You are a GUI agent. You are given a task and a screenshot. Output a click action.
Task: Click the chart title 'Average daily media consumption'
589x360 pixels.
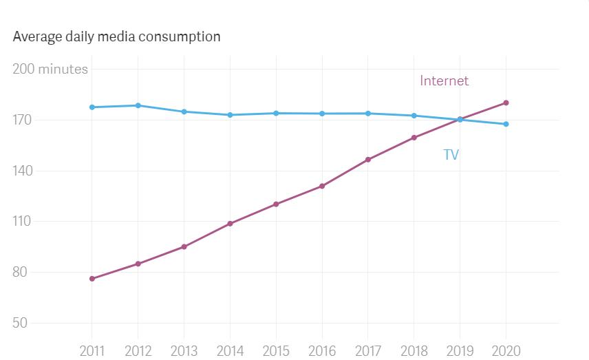[x=116, y=36]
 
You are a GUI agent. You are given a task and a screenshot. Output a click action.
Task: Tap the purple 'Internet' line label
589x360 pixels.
[x=444, y=81]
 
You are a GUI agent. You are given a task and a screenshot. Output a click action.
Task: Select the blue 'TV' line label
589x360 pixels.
[x=451, y=155]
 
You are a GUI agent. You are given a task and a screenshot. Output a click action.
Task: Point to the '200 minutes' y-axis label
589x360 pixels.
[x=50, y=69]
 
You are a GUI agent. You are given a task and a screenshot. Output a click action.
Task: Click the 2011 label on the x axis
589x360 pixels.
[x=92, y=350]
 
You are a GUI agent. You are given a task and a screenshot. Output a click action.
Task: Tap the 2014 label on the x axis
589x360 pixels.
[x=230, y=350]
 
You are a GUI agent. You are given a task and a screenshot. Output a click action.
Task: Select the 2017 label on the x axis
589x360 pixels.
[x=368, y=350]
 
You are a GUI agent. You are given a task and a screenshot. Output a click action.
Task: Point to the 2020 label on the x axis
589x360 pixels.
[x=506, y=350]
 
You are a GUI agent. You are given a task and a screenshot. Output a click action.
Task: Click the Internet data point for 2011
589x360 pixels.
[x=92, y=279]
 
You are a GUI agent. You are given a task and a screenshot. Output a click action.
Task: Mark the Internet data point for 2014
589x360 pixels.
[x=230, y=224]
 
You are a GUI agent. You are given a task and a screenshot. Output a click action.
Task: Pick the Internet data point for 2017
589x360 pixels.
[x=368, y=160]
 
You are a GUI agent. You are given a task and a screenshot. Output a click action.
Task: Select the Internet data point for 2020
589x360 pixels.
[x=506, y=103]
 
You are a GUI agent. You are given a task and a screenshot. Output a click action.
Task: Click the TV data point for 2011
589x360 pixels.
[x=92, y=107]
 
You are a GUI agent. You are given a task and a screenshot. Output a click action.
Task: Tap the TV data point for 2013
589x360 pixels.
[x=184, y=112]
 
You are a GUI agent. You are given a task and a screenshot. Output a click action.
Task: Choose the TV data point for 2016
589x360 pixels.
[x=322, y=114]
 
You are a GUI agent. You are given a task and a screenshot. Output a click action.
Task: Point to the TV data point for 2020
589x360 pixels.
[x=506, y=124]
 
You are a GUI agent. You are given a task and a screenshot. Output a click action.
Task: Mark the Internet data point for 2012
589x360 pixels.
[x=138, y=264]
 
